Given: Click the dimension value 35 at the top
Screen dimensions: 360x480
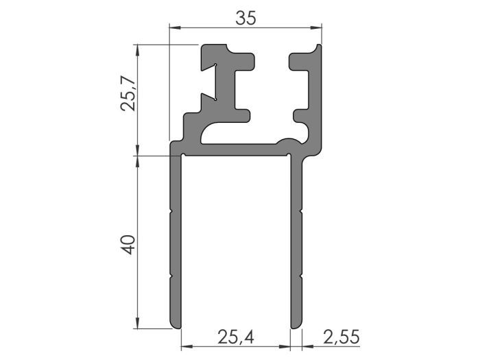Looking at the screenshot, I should click(x=246, y=18).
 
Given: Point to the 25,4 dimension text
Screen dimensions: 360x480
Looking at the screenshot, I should click(x=235, y=337).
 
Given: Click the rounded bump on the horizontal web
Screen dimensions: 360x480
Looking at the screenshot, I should click(x=289, y=141).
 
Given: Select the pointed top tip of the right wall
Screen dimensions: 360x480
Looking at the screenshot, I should click(x=319, y=47).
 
